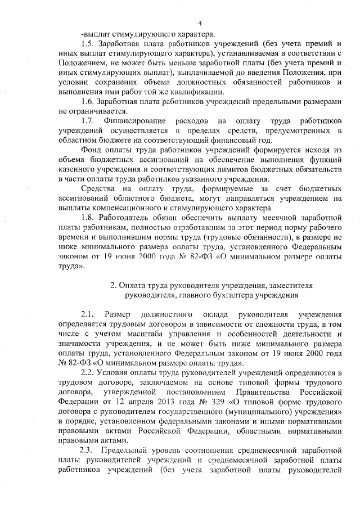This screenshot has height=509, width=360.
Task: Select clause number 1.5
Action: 87,43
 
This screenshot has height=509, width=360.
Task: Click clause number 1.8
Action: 87,218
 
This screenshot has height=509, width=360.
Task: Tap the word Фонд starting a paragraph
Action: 92,150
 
